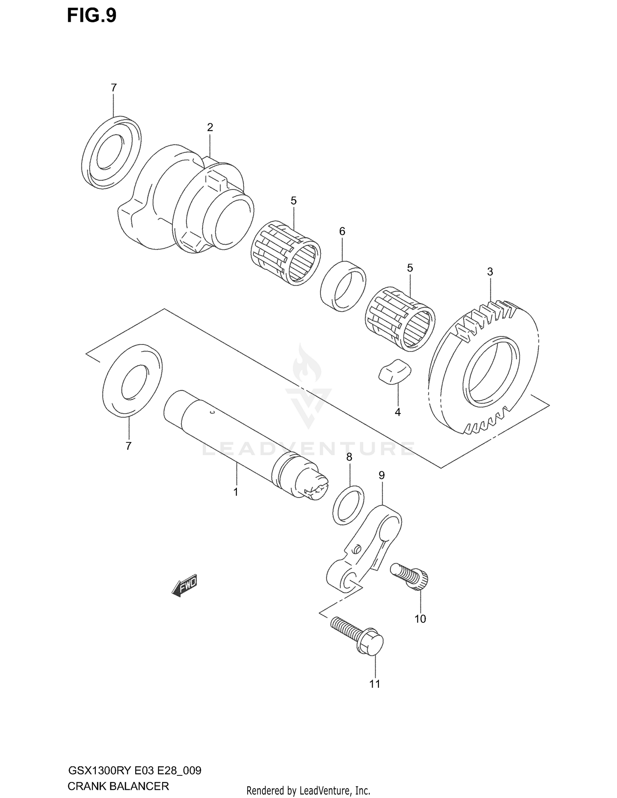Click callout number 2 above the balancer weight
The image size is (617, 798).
coord(210,127)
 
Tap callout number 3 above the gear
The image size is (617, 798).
coord(490,272)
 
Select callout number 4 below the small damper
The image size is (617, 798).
coord(397,412)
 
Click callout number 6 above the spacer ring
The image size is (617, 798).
coord(342,231)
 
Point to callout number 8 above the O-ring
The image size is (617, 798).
coord(349,457)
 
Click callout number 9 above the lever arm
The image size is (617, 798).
coord(381,475)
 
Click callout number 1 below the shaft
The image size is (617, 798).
coord(236,492)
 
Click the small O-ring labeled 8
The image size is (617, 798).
coord(348,505)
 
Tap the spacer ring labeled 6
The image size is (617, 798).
coord(343,285)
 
